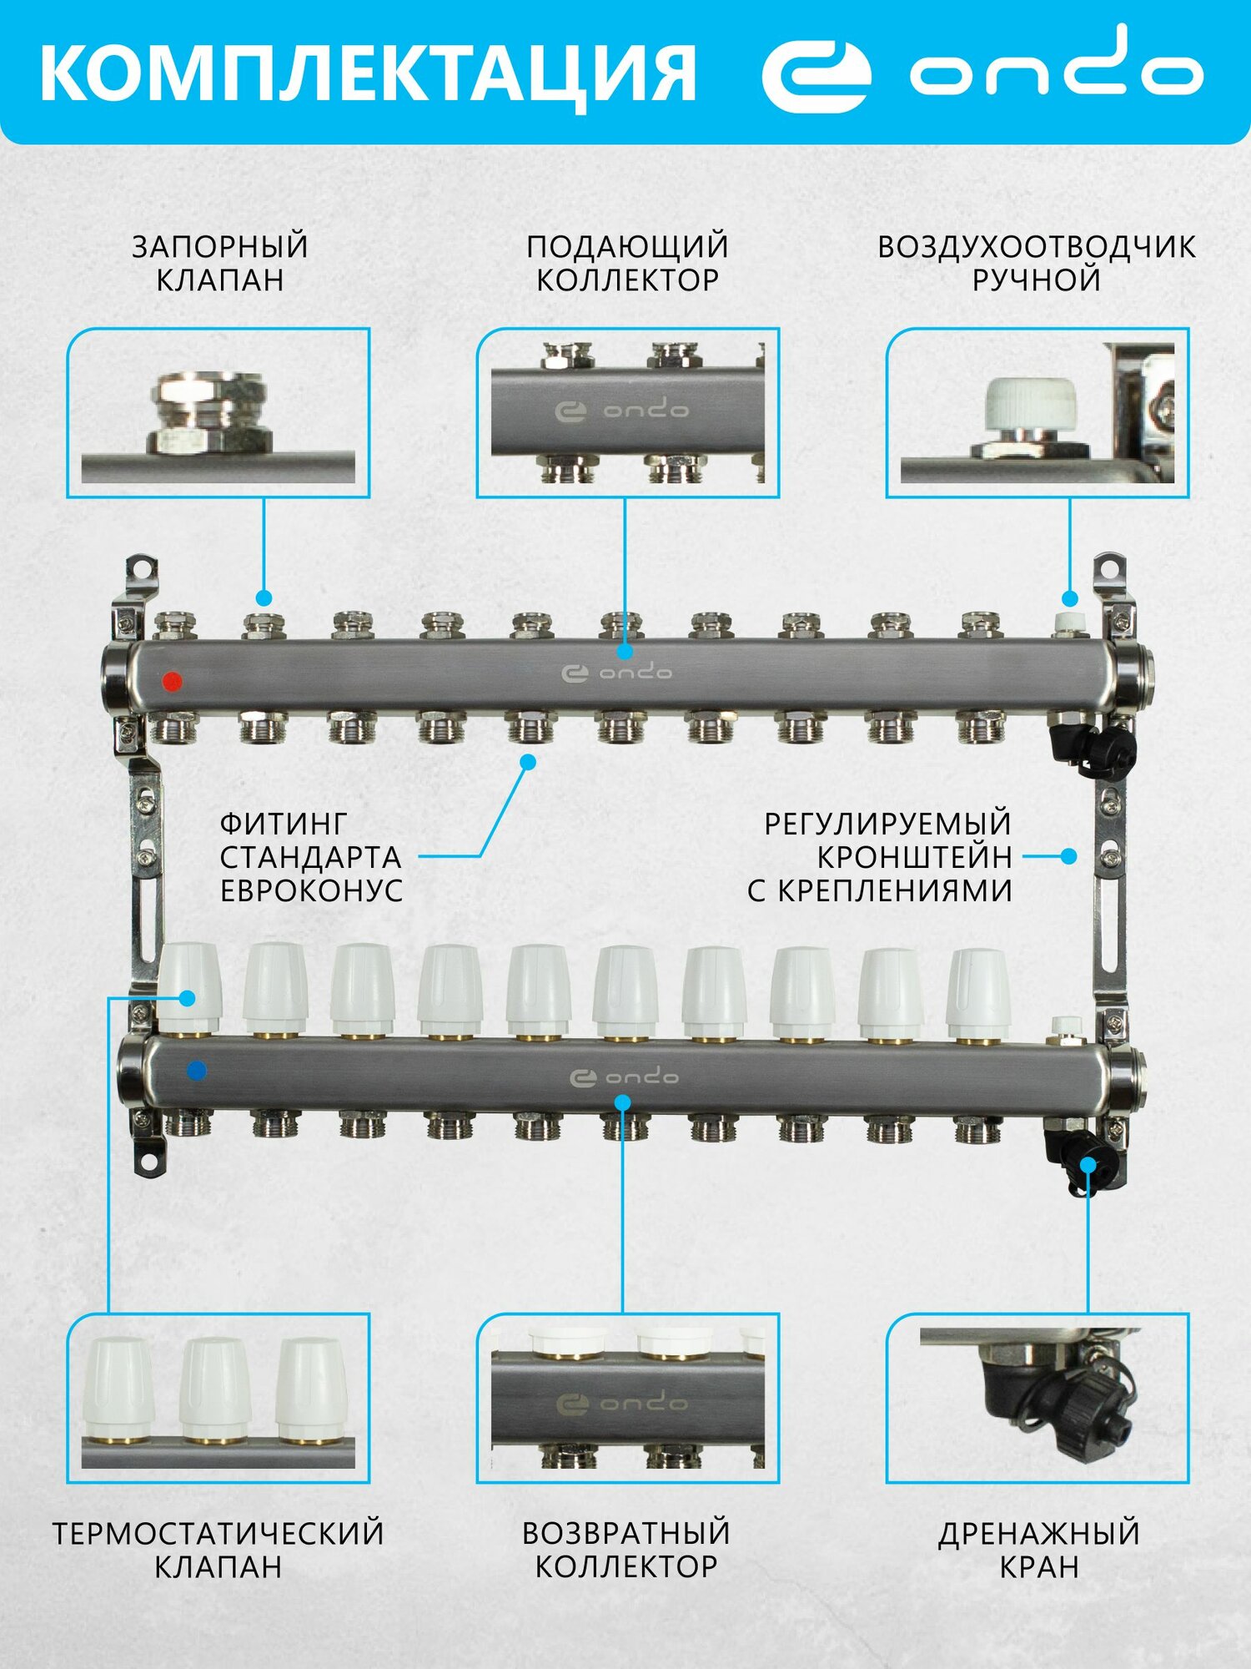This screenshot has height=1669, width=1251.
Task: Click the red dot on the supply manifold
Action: coord(172,681)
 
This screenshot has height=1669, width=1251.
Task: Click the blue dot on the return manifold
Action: coord(198,1070)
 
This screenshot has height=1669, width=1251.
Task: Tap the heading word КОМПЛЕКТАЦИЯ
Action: coord(368,73)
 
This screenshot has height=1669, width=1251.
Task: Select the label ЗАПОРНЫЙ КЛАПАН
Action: coord(220,263)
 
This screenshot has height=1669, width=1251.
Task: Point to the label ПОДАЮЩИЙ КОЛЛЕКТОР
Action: coord(627,263)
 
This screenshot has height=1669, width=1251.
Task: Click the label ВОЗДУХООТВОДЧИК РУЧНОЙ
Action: coord(1037,263)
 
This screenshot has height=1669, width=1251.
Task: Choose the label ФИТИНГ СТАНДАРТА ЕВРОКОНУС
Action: coord(311,857)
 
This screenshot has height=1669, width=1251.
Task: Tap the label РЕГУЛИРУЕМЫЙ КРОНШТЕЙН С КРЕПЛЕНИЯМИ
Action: coord(881,857)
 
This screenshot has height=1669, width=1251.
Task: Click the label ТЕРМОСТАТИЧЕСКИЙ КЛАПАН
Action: coord(219,1550)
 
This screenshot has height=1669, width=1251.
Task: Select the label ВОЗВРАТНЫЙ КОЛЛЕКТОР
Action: coord(626,1550)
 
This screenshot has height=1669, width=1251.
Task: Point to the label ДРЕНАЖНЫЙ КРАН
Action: coord(1039,1550)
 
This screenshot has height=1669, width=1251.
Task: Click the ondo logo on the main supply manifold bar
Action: coord(617,673)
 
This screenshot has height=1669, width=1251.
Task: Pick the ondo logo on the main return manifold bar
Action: coord(624,1077)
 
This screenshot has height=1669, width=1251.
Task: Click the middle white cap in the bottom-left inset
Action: coord(215,1391)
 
